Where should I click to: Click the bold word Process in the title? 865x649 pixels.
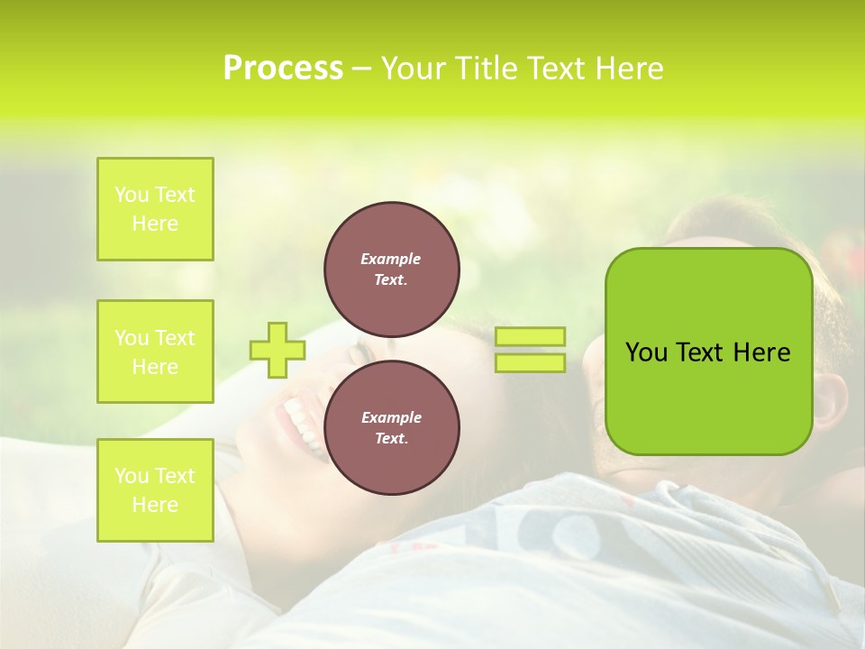[x=283, y=69]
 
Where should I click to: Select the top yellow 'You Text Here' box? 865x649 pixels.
[x=155, y=209]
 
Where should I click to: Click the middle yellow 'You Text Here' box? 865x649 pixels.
[x=155, y=352]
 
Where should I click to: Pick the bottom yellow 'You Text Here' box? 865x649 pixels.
[x=155, y=490]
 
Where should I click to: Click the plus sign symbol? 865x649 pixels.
[x=278, y=350]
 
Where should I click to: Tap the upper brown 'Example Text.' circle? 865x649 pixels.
[x=391, y=269]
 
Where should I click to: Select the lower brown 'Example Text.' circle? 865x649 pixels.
[x=391, y=427]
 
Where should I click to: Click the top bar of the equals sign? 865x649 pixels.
[x=530, y=336]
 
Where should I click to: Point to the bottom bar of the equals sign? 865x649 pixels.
[x=530, y=362]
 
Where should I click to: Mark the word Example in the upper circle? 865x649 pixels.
[x=390, y=259]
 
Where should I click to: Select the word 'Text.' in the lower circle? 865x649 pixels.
[x=390, y=438]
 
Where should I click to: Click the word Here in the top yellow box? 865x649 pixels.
[x=155, y=224]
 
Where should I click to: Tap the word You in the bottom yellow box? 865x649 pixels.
[x=132, y=476]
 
